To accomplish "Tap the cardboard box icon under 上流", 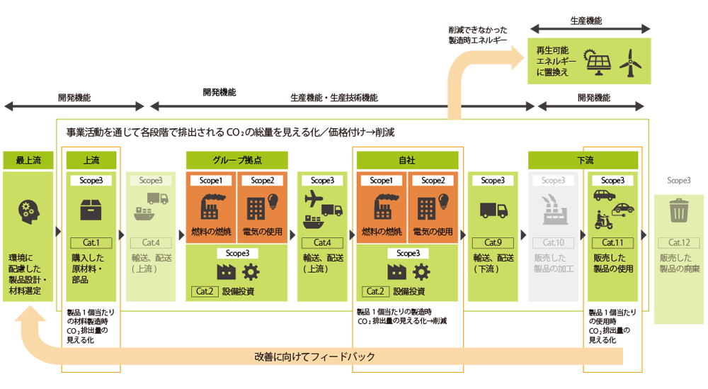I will coord(92,210).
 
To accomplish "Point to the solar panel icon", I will coord(597,62).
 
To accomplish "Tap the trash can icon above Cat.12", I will coord(678,210).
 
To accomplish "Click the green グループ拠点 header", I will coord(237,160).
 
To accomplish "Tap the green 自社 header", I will coord(407,160).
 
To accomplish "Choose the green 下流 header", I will coord(583,160).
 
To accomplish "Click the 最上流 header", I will coord(28,160).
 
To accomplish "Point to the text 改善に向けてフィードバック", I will coord(314,356).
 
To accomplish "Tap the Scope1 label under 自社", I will coord(381,180).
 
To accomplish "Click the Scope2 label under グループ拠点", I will coord(262,180).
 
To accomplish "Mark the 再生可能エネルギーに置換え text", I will coord(552,62).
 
